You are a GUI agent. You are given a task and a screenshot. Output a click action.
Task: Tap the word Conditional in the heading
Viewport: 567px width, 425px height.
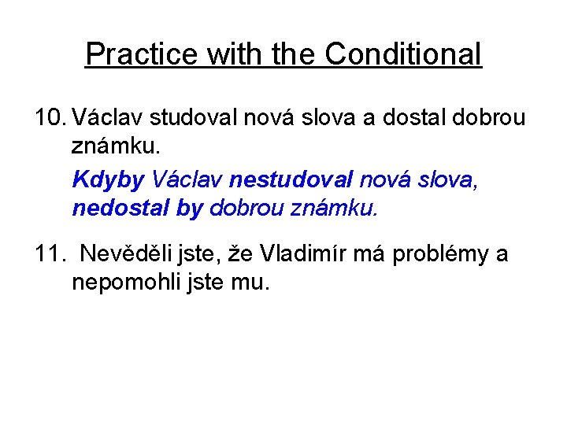click(402, 54)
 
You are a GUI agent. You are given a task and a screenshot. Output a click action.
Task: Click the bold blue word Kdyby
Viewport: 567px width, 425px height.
click(108, 180)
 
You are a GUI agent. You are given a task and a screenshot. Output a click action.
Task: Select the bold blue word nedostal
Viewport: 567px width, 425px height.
click(116, 209)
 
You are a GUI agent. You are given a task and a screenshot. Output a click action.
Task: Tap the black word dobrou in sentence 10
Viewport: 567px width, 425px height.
click(486, 119)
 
